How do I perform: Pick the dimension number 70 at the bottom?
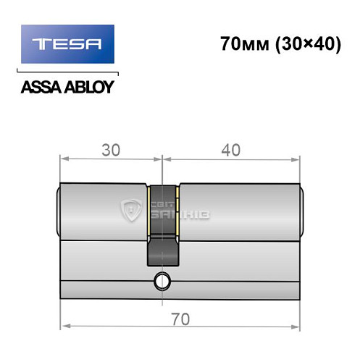[x=180, y=316]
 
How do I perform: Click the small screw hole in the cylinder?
[x=161, y=280]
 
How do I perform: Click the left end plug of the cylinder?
[x=58, y=210]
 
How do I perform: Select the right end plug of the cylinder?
[x=301, y=210]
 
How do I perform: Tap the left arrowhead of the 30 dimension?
[x=62, y=158]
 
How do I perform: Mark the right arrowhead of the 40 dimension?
[x=297, y=158]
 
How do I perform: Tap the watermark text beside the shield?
[x=178, y=211]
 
